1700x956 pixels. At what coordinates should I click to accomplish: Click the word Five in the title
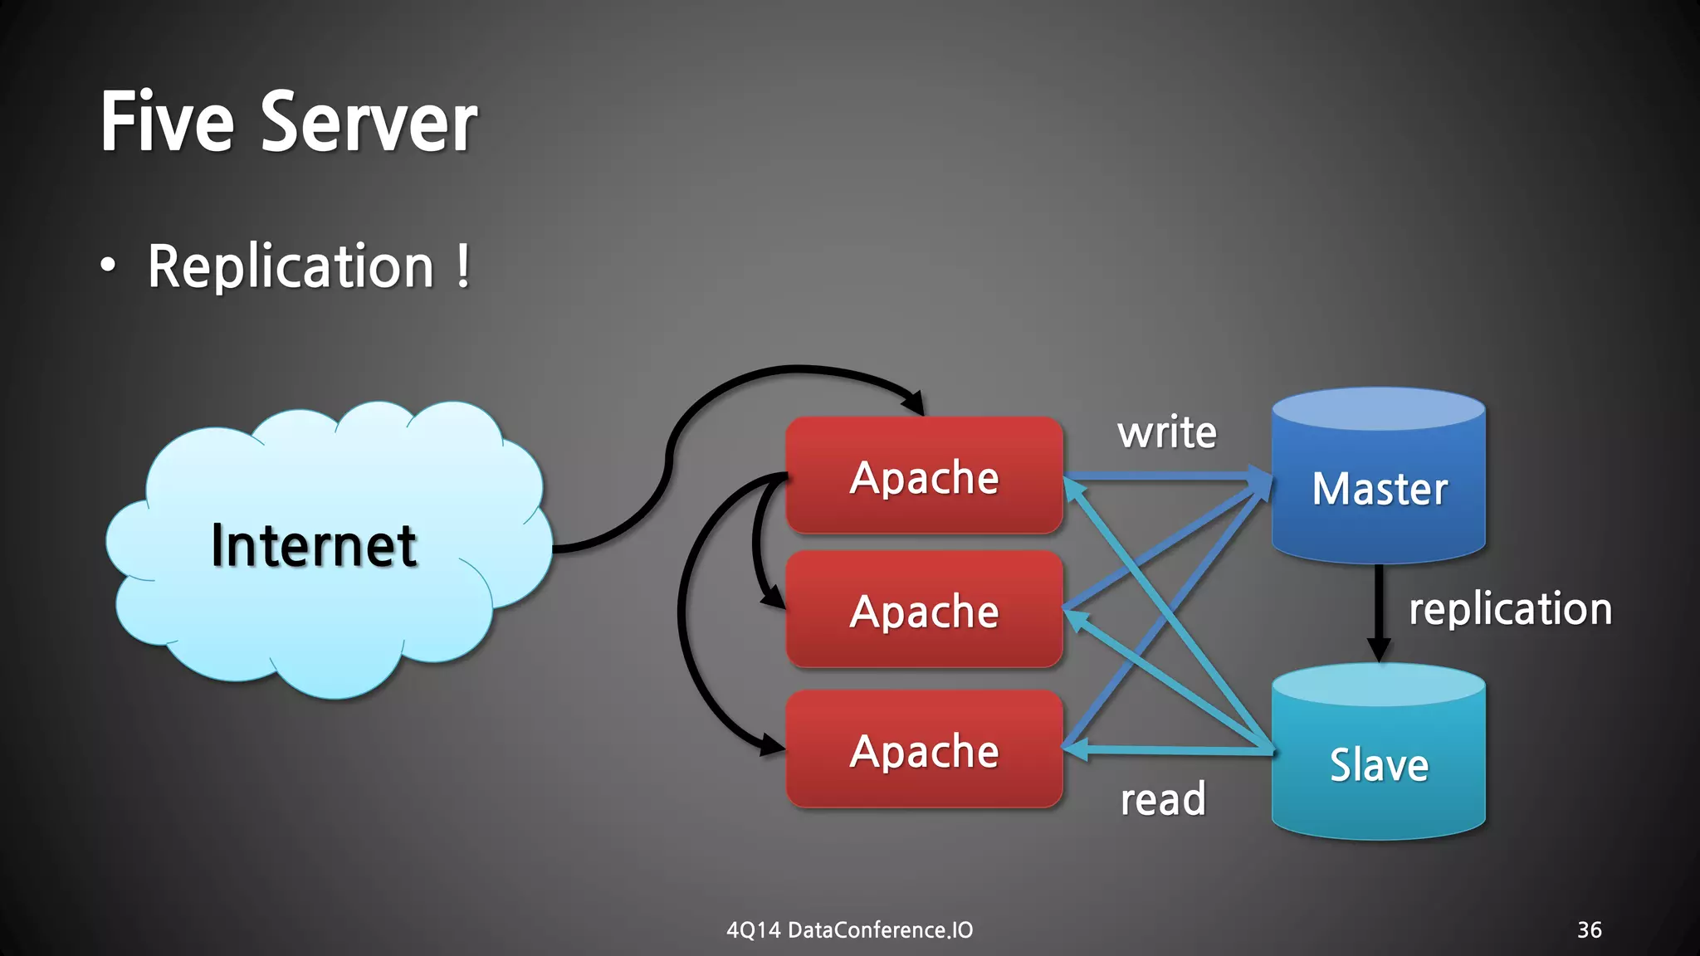pos(167,123)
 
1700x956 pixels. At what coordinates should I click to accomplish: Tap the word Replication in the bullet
pos(291,267)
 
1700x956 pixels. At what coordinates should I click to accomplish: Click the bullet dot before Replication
pos(108,266)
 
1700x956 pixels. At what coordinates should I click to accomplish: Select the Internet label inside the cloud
pos(314,545)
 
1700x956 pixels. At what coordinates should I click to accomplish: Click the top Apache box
pos(924,476)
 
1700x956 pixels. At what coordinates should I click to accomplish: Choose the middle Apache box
pos(924,611)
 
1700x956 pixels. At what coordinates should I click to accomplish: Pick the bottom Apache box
pos(924,750)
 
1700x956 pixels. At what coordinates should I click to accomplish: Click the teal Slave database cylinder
pos(1379,763)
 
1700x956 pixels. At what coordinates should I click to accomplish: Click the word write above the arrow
pos(1166,432)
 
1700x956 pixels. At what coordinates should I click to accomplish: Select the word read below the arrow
pos(1162,800)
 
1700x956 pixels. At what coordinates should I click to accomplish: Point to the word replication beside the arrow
pos(1510,609)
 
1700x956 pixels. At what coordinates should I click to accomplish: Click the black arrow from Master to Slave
pos(1379,610)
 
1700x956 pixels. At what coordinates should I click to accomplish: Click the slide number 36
pos(1589,929)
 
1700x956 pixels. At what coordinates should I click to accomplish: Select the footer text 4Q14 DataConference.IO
pos(849,929)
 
